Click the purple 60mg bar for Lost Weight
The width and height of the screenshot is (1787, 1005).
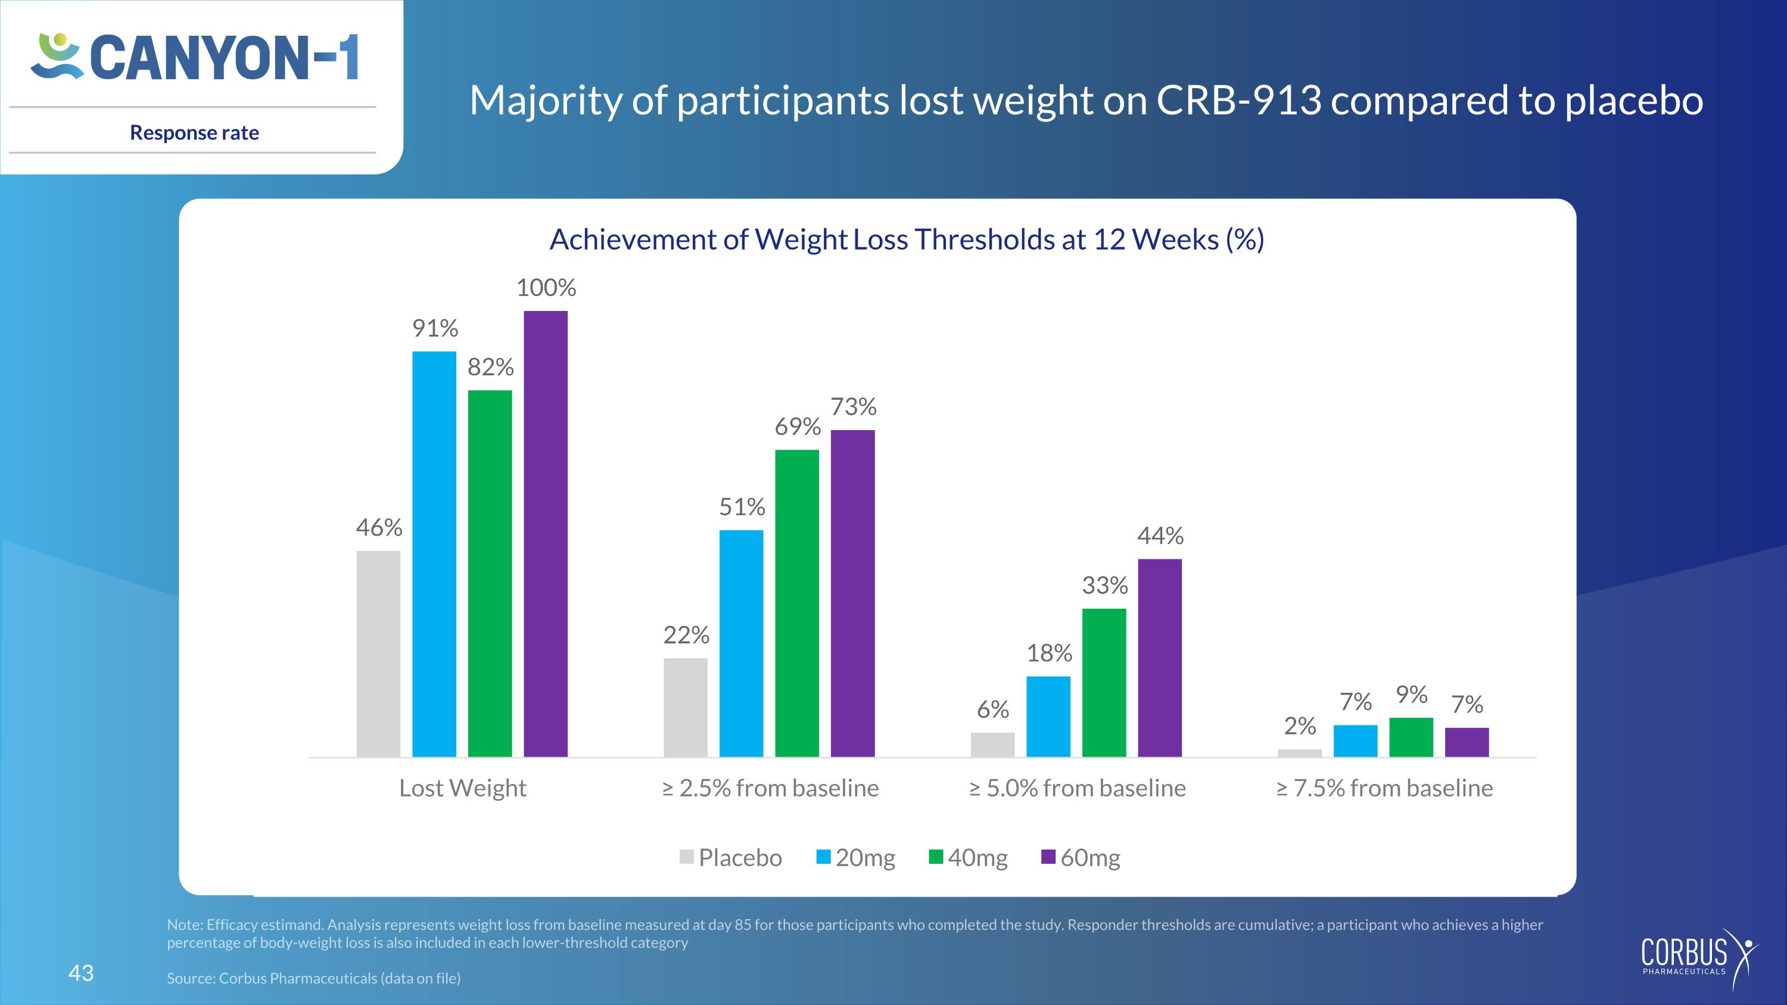tap(545, 533)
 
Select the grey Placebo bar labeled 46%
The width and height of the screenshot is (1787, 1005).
tap(379, 654)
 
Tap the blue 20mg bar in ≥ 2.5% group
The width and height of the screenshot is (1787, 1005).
tap(742, 643)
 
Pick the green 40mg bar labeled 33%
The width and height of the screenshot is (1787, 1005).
tap(1104, 683)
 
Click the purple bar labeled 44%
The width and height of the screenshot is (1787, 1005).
tap(1160, 658)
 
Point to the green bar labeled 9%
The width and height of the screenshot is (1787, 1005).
tap(1411, 738)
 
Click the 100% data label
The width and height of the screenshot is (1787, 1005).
tap(546, 287)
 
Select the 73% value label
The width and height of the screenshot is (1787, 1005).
tap(853, 406)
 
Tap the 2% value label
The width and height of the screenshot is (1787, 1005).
tap(1300, 726)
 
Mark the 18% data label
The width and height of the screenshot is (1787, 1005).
tap(1049, 653)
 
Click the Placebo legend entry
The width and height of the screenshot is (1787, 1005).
tap(731, 857)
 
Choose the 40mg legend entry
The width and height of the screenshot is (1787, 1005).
tap(969, 857)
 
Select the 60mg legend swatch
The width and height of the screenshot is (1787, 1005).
tap(1048, 857)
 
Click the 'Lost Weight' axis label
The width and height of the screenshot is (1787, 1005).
tap(463, 788)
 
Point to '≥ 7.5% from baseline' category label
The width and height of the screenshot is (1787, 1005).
tap(1385, 788)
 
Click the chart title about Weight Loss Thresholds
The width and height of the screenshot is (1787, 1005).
tap(907, 239)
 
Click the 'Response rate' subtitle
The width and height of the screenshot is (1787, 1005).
tap(194, 132)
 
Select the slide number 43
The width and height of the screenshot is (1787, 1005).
tap(80, 973)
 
